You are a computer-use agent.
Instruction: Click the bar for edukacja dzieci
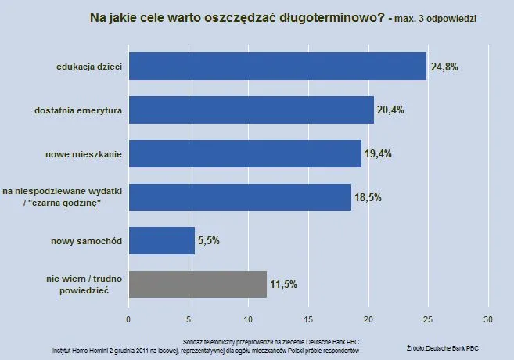(x=277, y=67)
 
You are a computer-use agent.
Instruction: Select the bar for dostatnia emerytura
(x=250, y=110)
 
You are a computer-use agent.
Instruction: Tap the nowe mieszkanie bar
(x=244, y=153)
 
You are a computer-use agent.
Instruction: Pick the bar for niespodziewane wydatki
(x=239, y=197)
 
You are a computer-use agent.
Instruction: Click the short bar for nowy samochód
(x=161, y=240)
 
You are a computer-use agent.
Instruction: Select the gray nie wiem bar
(x=197, y=284)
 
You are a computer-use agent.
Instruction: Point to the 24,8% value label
(x=444, y=67)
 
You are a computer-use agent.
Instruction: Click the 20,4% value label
(x=390, y=110)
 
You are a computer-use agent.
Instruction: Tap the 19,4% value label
(x=378, y=154)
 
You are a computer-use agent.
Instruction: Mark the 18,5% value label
(x=368, y=197)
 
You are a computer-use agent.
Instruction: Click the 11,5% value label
(x=284, y=284)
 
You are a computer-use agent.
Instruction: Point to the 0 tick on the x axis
(x=128, y=319)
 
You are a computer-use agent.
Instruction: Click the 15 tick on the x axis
(x=308, y=319)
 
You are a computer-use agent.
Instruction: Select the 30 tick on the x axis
(x=488, y=319)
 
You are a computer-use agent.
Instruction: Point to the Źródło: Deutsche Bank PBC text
(x=443, y=346)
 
